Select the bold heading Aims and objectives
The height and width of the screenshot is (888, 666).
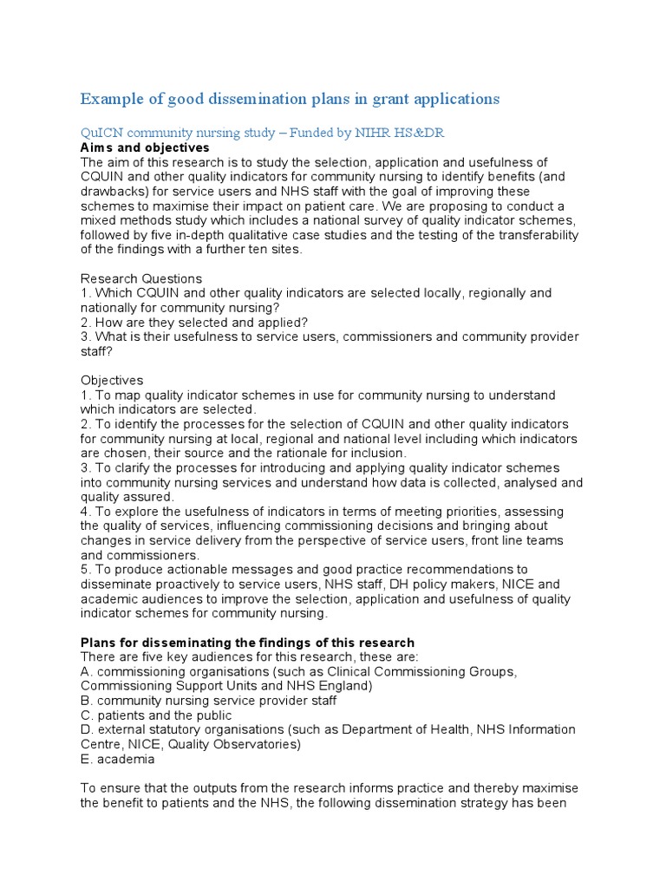tap(145, 147)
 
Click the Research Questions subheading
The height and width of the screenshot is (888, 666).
tap(141, 278)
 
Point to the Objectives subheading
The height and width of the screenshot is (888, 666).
tap(112, 380)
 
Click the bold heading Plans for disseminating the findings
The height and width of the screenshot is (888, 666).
tap(247, 643)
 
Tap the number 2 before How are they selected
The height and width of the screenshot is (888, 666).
tap(85, 322)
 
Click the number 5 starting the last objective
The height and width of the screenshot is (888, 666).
tap(85, 569)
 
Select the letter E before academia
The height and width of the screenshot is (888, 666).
tap(85, 759)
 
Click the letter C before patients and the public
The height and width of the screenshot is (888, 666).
tap(85, 715)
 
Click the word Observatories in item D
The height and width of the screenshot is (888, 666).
tap(258, 744)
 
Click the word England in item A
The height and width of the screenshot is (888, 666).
tap(344, 686)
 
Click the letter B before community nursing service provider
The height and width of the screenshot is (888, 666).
tap(85, 701)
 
